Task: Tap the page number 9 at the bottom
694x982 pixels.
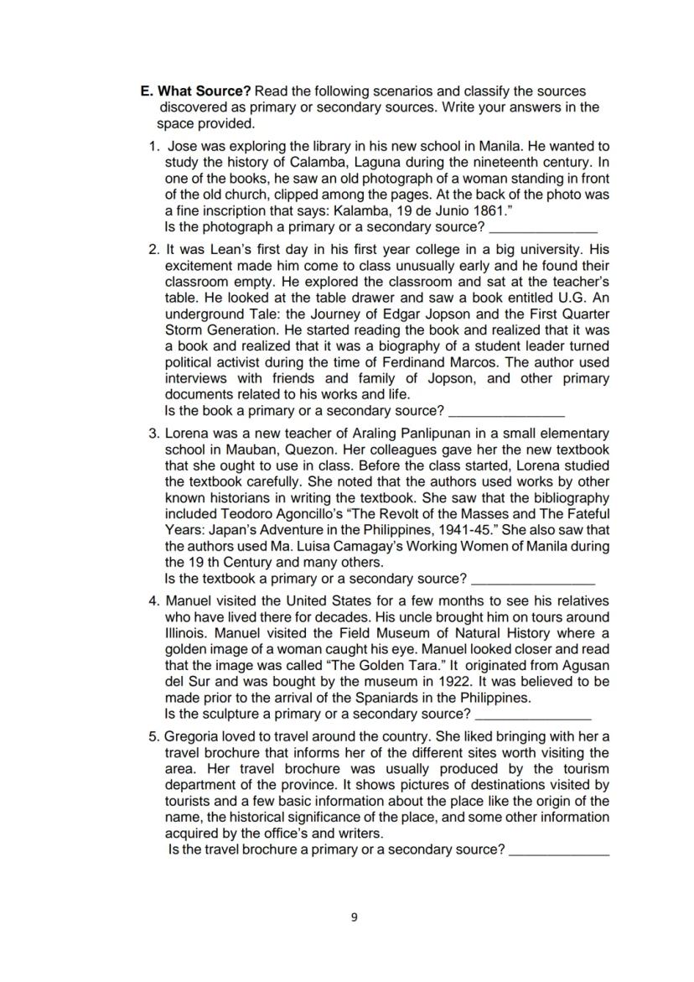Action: (x=353, y=917)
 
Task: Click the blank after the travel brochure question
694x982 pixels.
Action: (x=559, y=850)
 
